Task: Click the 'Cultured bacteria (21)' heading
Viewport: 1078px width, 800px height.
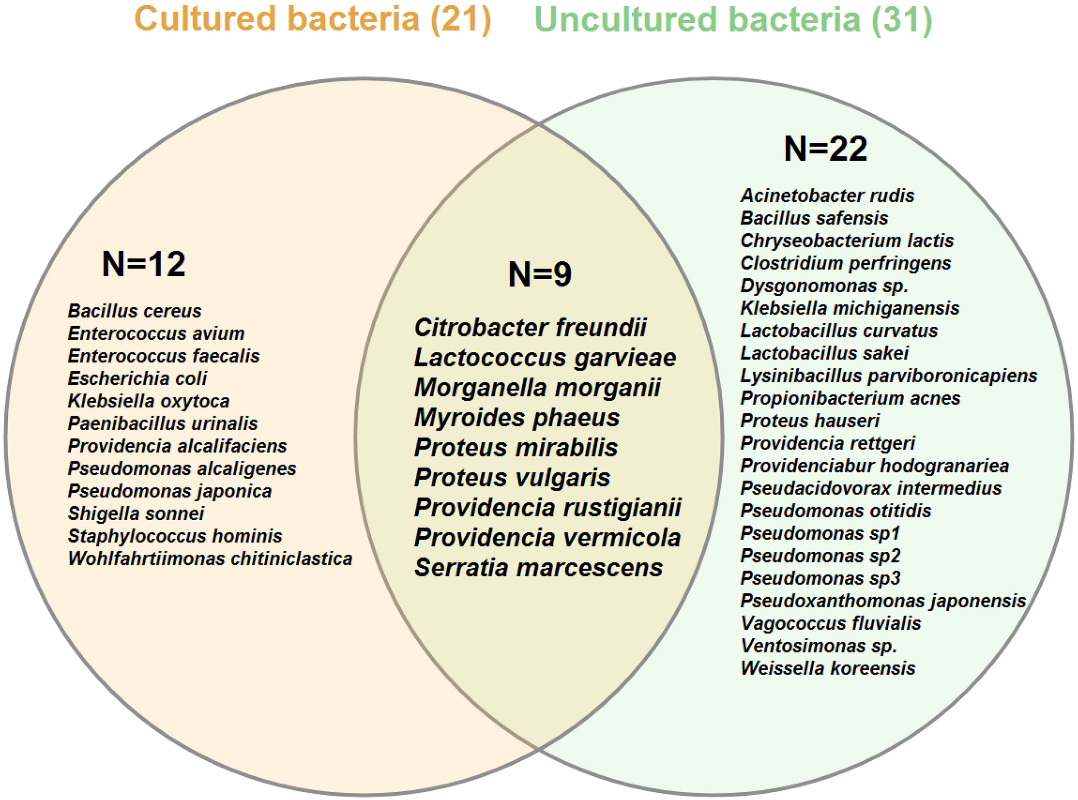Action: coord(313,19)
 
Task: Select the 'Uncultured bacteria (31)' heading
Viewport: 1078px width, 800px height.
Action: coord(733,19)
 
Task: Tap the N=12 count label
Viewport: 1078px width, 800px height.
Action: coord(144,264)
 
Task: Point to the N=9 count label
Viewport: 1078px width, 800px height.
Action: coord(540,274)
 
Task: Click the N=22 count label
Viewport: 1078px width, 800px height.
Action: coord(826,149)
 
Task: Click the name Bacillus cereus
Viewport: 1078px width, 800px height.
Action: coord(134,311)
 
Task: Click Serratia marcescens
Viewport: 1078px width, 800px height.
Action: coord(538,568)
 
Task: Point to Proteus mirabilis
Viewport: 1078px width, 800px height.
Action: coord(516,447)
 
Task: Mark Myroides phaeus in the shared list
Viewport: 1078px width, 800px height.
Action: coord(517,417)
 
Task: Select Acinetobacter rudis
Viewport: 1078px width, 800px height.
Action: coord(827,196)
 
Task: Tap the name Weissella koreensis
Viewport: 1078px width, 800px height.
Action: coord(828,668)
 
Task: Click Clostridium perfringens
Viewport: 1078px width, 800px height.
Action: coord(846,263)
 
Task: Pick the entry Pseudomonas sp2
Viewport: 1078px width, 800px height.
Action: coord(820,556)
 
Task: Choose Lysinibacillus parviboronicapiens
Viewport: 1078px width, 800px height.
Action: coord(889,376)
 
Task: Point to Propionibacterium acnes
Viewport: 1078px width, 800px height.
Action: coord(850,399)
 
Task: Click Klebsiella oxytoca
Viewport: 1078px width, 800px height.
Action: coord(148,401)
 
